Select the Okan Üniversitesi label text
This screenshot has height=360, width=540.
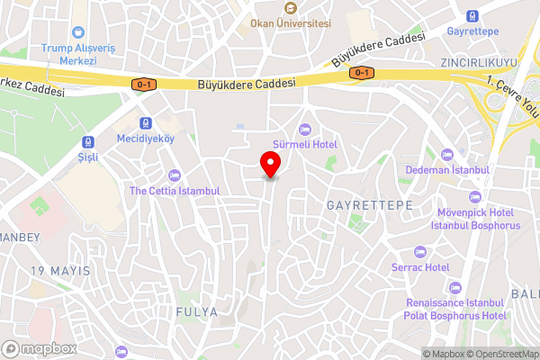(291, 22)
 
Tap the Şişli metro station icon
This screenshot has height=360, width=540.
(88, 140)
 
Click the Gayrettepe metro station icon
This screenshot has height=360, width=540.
(473, 15)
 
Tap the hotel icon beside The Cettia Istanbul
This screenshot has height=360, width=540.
(174, 175)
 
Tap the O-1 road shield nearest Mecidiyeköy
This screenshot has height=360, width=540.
(143, 84)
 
